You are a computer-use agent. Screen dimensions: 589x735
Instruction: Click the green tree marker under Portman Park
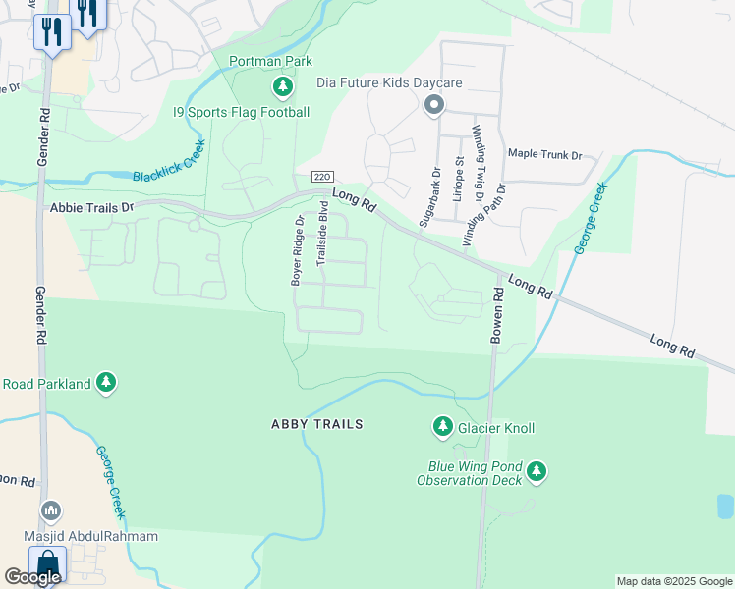(x=283, y=87)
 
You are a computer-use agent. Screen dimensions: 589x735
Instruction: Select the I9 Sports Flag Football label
(x=241, y=112)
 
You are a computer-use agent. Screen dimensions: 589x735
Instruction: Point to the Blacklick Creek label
(x=169, y=162)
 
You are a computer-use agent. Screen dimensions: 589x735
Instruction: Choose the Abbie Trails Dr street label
(x=90, y=208)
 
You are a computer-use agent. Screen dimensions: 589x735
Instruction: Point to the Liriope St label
(x=458, y=178)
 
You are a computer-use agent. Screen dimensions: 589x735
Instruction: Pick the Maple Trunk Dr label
(x=544, y=154)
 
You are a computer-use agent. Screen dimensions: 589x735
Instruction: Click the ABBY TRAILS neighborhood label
(x=317, y=424)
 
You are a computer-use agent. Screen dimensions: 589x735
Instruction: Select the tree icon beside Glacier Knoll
(x=442, y=427)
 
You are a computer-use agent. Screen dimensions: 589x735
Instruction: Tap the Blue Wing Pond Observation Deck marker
(x=536, y=472)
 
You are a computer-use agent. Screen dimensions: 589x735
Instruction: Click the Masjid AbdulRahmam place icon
(x=51, y=511)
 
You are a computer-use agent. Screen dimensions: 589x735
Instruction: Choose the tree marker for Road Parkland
(x=106, y=384)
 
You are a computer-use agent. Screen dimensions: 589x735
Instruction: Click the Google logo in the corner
(x=32, y=577)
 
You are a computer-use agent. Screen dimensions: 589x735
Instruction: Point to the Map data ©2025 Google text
(x=673, y=581)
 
